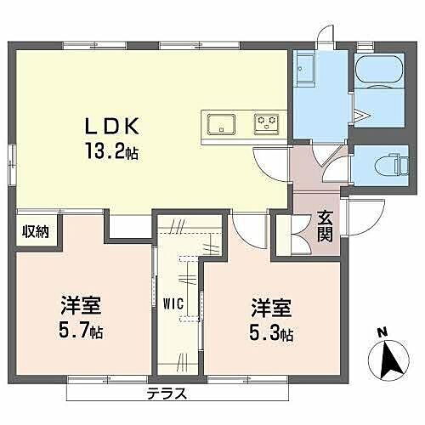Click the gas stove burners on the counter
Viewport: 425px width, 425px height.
click(267, 123)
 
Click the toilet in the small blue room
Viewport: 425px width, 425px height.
click(382, 164)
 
